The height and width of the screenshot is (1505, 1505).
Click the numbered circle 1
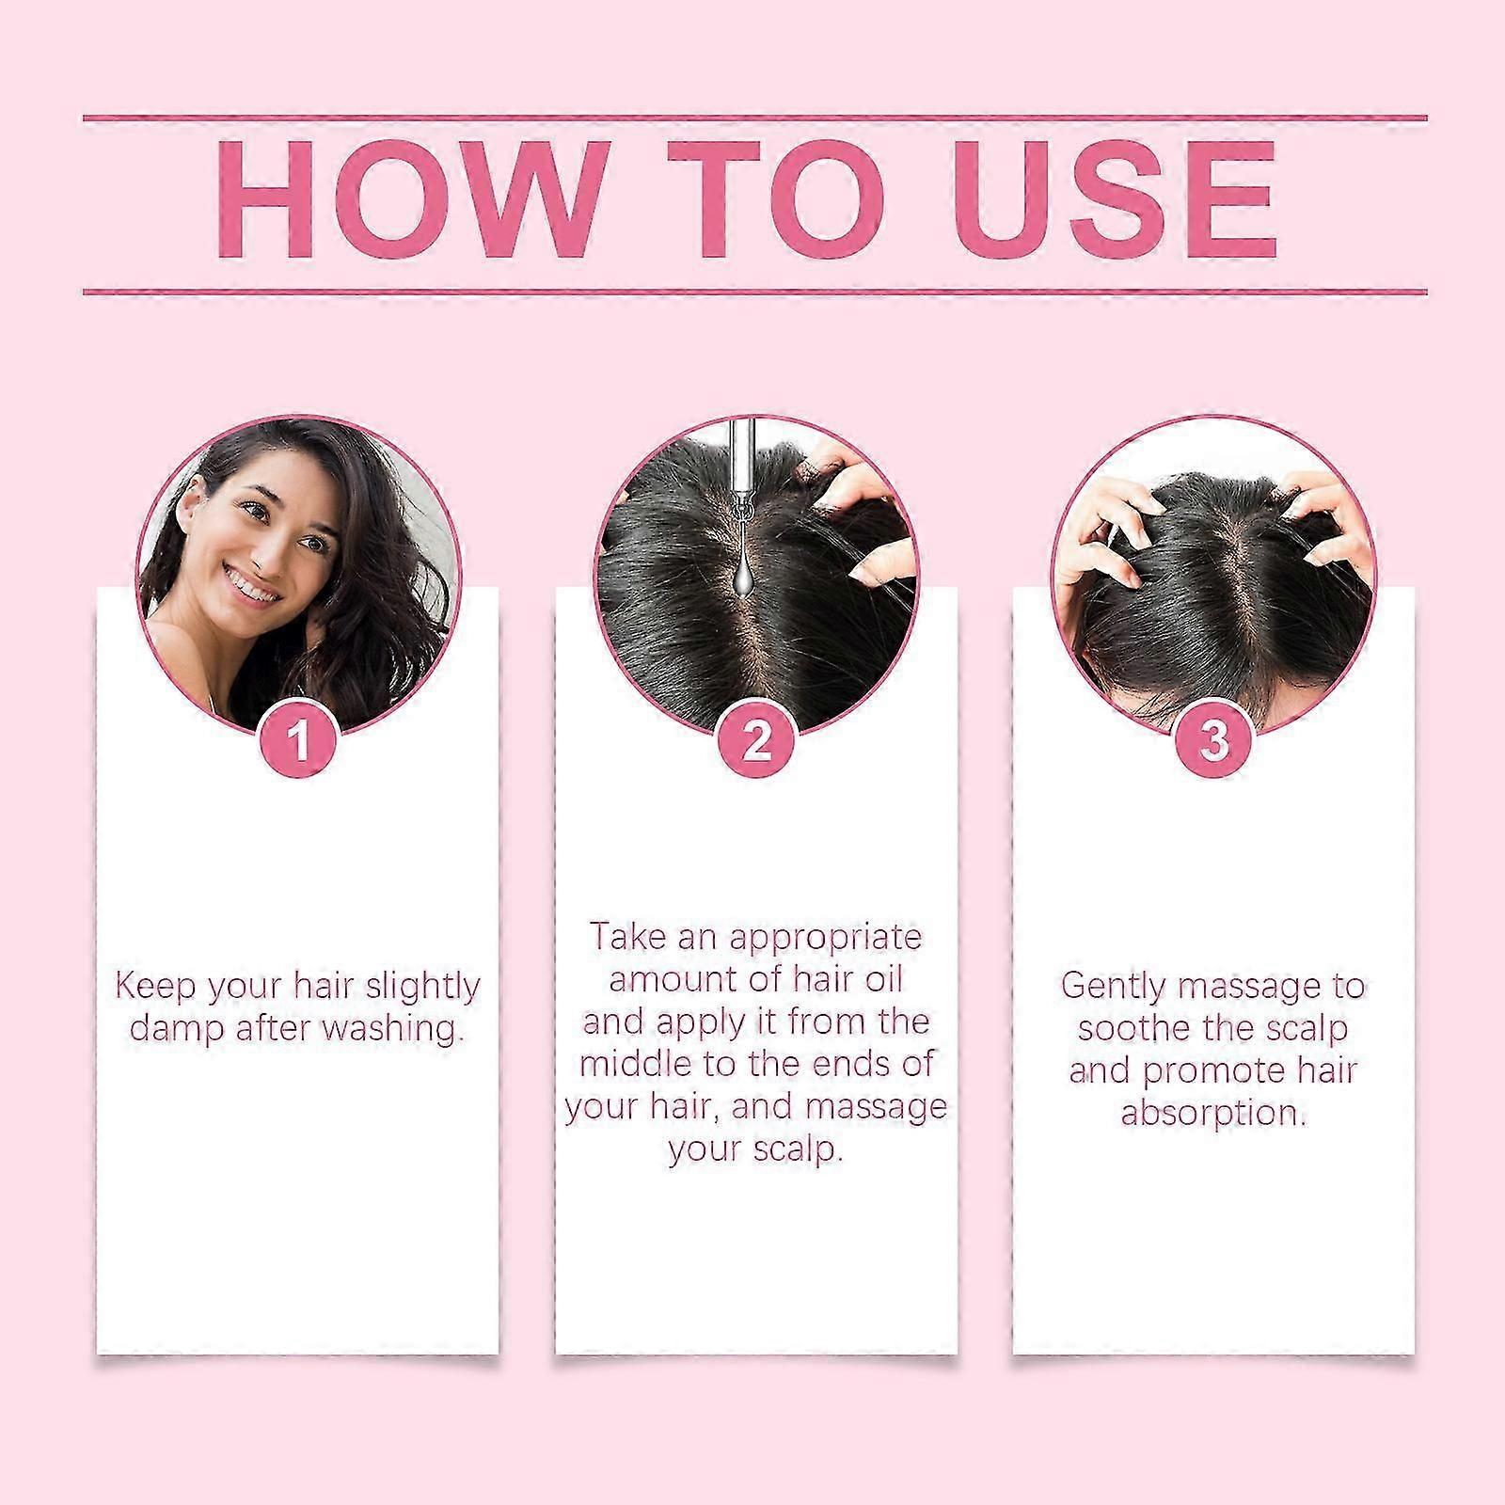(299, 740)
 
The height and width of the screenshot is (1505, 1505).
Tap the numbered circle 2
(756, 740)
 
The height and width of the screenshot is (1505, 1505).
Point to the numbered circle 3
(1214, 740)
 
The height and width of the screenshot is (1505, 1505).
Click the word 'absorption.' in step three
(1213, 1113)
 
